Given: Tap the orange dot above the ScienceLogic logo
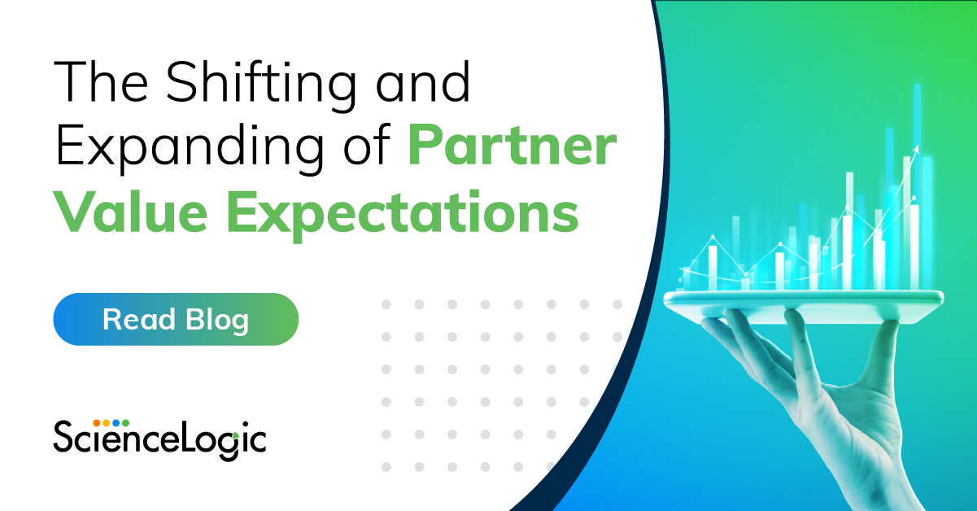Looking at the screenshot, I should [x=97, y=423].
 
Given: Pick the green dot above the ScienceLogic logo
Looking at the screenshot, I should [x=126, y=423].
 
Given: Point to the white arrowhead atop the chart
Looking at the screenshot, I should [x=916, y=150].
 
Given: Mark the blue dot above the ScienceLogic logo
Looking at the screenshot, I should [x=116, y=423].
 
